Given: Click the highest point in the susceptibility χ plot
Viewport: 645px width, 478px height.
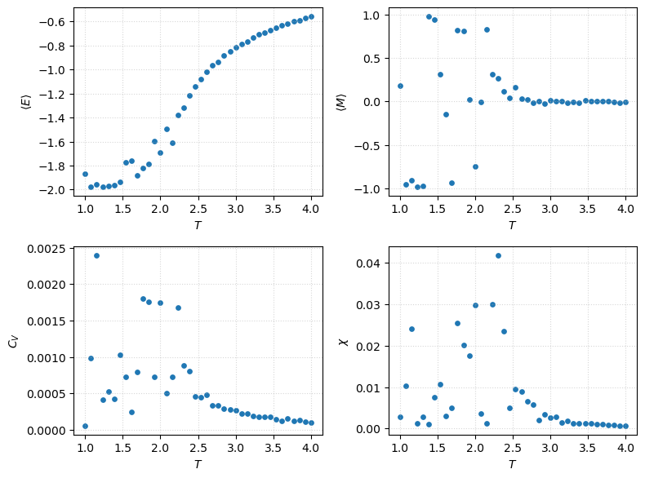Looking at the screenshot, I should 498,255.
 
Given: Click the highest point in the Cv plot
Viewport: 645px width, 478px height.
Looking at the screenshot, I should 96,255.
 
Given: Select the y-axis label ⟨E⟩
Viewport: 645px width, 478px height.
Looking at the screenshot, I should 26,102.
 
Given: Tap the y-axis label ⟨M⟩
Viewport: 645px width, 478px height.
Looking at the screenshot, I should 341,102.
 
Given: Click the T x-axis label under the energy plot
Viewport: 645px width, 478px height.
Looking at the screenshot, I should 198,224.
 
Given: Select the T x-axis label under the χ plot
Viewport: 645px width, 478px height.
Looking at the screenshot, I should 512,463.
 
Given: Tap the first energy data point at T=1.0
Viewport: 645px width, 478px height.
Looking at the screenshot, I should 85,174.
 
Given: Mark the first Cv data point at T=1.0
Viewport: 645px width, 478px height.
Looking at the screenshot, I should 85,426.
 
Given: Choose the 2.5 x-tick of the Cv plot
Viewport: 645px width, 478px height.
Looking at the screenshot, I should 198,448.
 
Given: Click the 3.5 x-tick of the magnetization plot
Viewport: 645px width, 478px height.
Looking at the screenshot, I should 588,209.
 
